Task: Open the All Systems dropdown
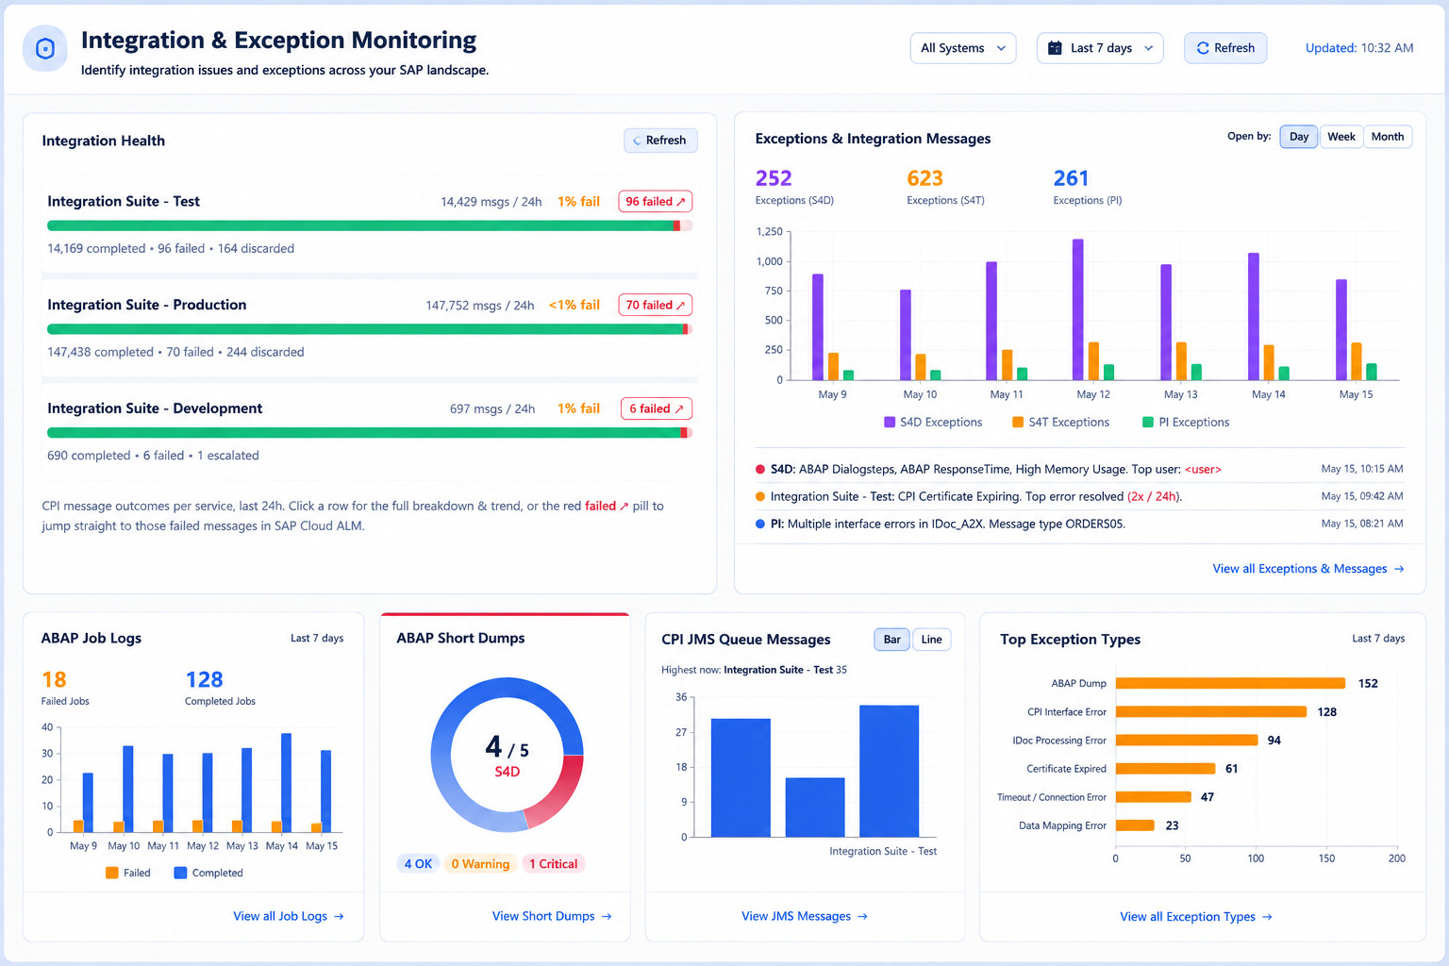point(962,48)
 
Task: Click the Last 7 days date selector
point(1100,48)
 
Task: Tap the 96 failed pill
point(656,201)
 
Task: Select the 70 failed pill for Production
point(656,305)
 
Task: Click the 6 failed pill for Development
point(656,408)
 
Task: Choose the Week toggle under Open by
point(1341,137)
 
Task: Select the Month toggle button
point(1388,137)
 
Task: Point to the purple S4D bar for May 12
point(1077,309)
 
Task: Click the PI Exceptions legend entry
point(1186,422)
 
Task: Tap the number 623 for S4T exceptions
point(924,178)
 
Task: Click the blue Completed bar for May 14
point(286,782)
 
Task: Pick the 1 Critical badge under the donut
point(553,864)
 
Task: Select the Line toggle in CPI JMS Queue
point(931,640)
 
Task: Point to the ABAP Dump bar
point(1230,683)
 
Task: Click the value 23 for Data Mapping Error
point(1172,825)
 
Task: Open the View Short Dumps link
point(551,916)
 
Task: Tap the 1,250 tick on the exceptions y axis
point(769,232)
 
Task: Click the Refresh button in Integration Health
point(659,141)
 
